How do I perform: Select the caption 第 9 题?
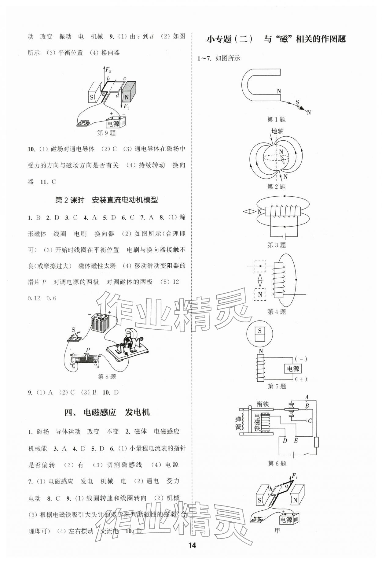pos(106,133)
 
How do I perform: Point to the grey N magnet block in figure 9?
pos(129,92)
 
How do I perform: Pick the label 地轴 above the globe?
pos(277,131)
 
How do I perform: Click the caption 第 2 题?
pos(277,186)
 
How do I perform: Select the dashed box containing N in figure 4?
pos(260,294)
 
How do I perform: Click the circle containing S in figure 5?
pos(260,335)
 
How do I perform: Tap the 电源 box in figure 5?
pos(293,369)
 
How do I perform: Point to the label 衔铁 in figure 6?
pos(263,404)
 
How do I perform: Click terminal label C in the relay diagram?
pos(310,421)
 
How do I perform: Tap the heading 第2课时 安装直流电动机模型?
pos(106,200)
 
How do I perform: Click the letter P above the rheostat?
pos(88,350)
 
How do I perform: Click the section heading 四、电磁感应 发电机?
pos(107,412)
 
